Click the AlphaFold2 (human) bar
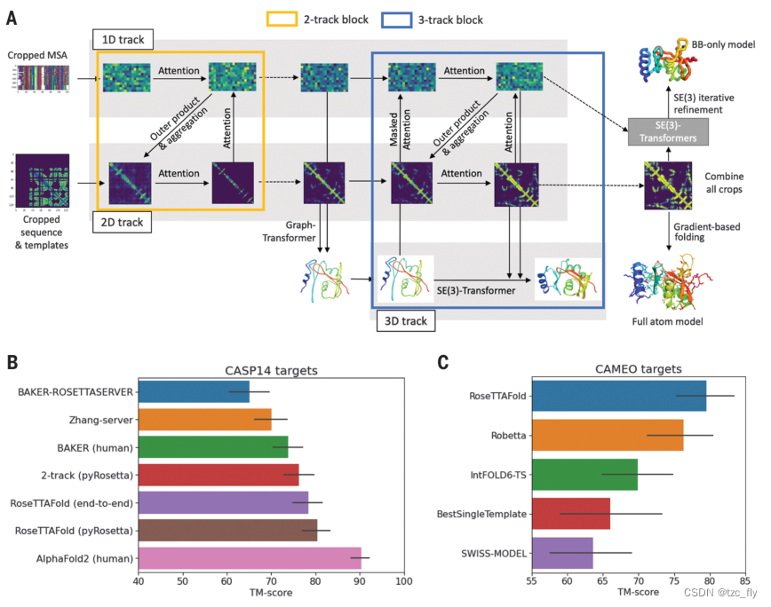[x=249, y=558]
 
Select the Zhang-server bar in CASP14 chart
[x=204, y=419]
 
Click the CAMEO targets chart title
[x=638, y=368]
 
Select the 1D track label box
[x=123, y=40]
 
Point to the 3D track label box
[x=403, y=319]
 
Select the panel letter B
[x=12, y=362]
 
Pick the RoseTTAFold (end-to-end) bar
[x=223, y=502]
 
